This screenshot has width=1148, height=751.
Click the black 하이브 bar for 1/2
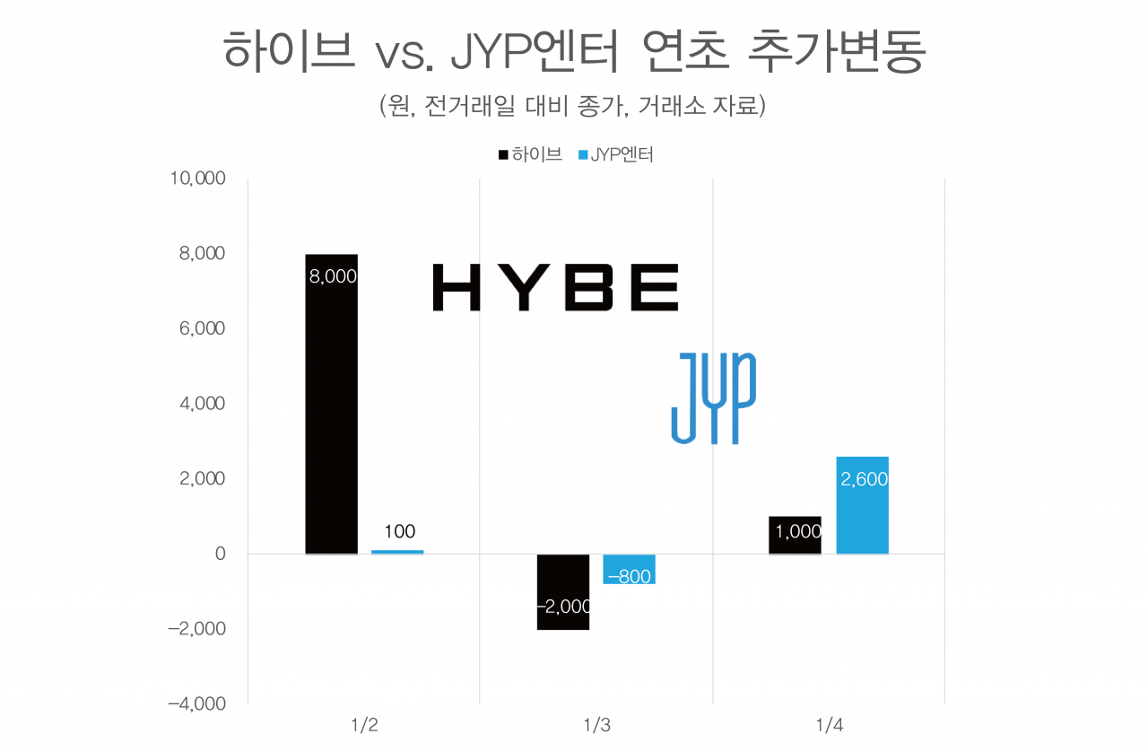331,404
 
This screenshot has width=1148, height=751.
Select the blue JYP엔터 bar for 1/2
397,551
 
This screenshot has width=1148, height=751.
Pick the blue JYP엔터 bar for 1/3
629,569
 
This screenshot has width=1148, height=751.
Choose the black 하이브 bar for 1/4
795,535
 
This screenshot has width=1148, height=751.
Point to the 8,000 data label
332,277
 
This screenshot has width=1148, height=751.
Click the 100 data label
399,532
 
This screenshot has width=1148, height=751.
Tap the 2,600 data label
864,480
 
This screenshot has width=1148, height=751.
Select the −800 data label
629,578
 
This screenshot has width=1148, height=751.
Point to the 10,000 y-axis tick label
196,179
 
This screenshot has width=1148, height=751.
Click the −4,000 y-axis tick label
196,703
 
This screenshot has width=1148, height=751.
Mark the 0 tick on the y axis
219,554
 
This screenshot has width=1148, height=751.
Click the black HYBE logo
555,287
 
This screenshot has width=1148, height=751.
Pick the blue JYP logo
713,397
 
